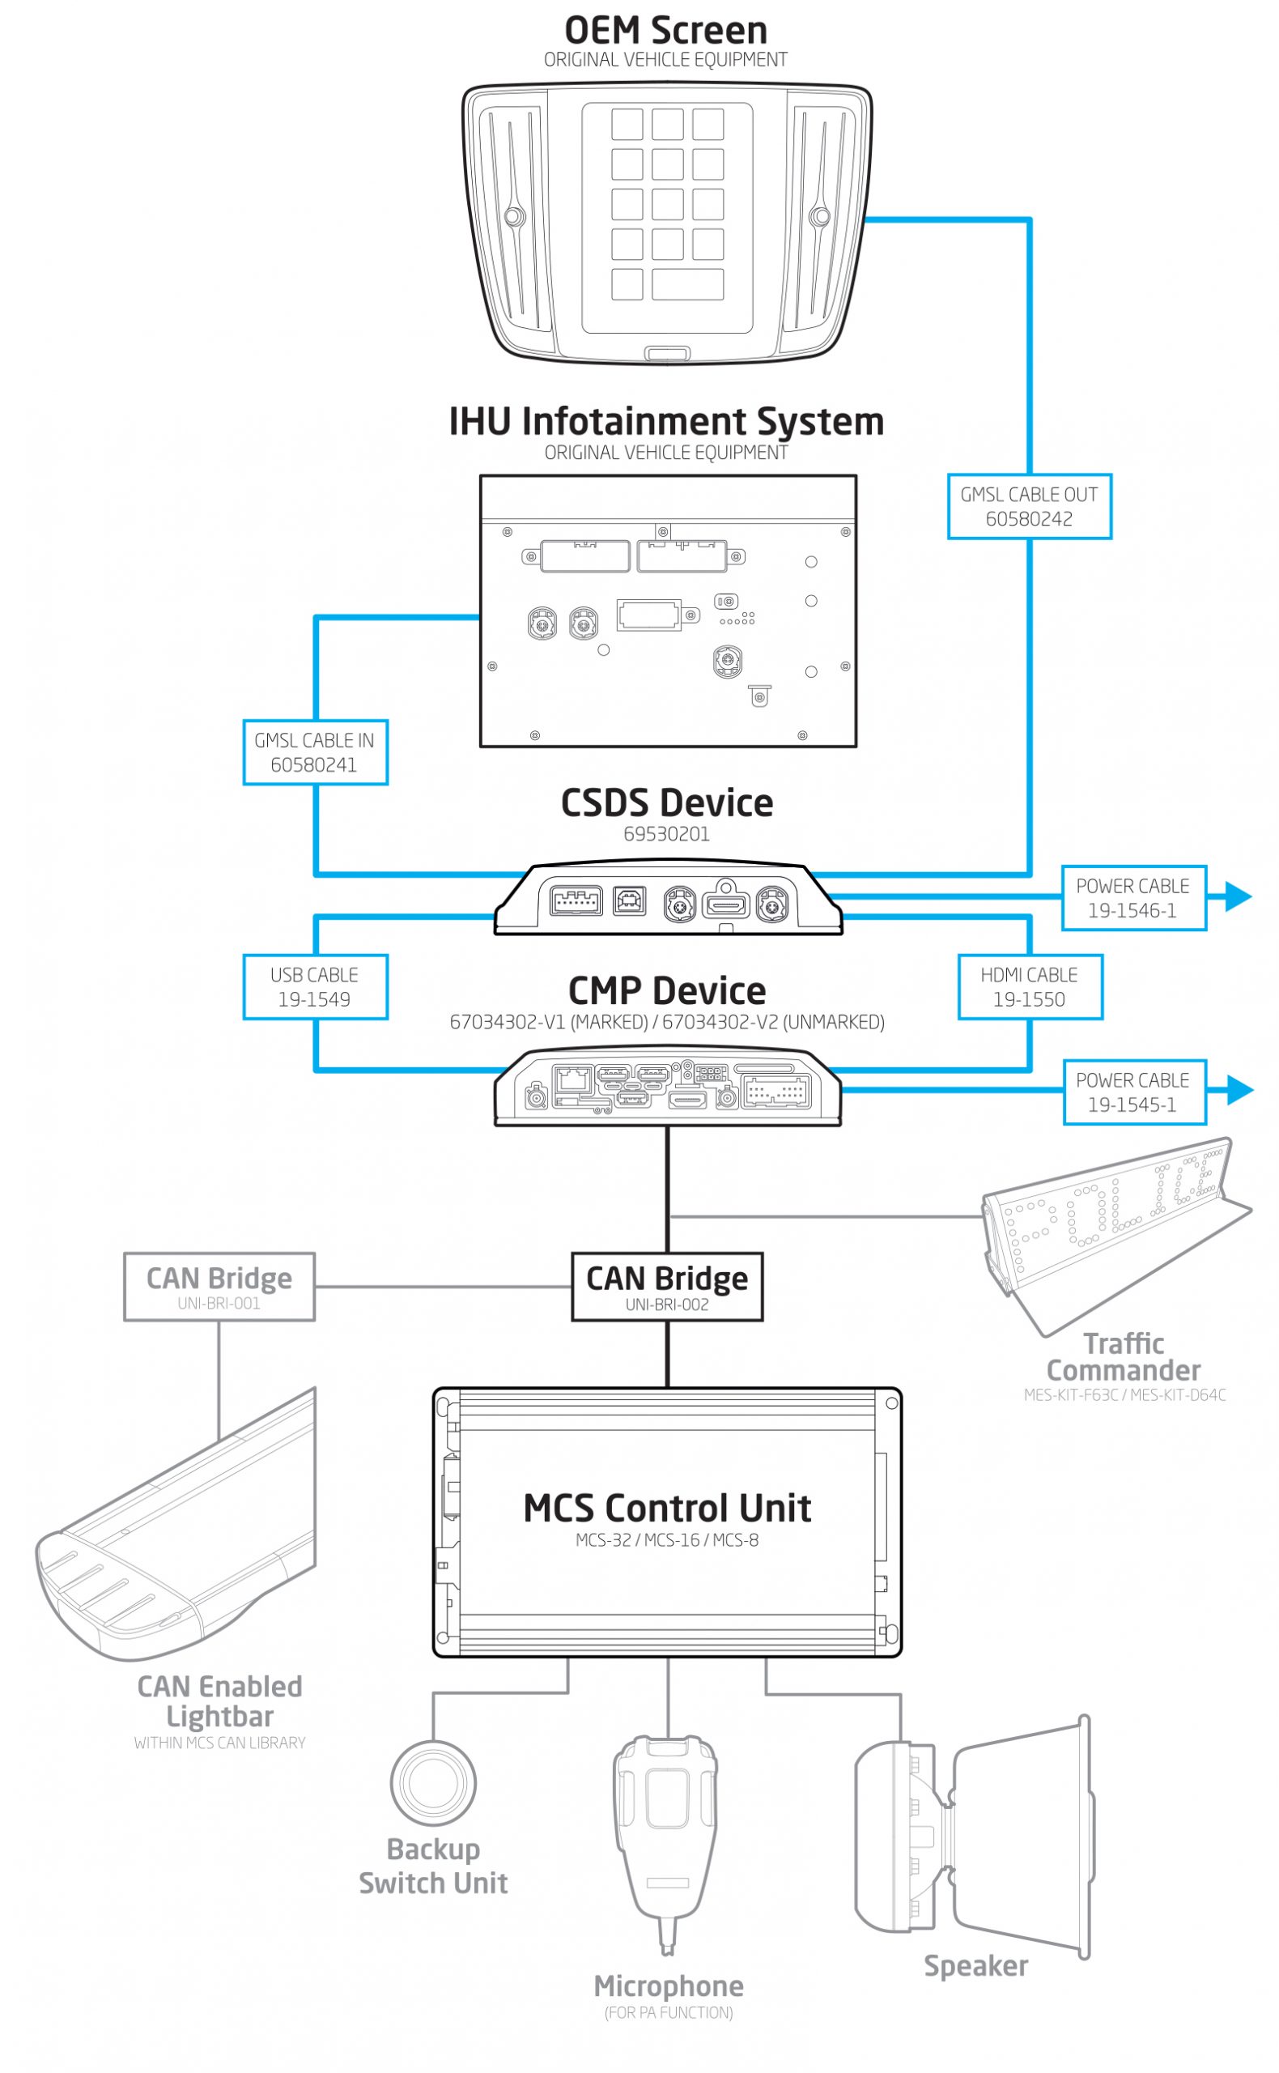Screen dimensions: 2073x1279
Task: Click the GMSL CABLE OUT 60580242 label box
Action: [1029, 506]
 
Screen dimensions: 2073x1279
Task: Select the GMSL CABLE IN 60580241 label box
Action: [315, 752]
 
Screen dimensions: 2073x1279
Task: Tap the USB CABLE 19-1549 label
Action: [315, 986]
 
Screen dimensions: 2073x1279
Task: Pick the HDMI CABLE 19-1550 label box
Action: [1030, 986]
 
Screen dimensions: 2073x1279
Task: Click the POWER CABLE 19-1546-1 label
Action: [1132, 898]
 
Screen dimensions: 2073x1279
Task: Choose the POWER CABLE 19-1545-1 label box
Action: [1132, 1092]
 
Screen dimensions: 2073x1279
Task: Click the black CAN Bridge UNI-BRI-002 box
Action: [666, 1286]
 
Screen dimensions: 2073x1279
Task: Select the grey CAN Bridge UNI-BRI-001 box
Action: [219, 1286]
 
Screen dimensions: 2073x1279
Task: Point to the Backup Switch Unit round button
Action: [433, 1782]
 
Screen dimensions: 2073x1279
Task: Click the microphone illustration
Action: [665, 1836]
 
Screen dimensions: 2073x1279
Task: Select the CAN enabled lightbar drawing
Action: [177, 1531]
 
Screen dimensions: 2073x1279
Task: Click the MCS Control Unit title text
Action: [666, 1509]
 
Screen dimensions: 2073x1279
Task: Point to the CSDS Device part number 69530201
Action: [666, 834]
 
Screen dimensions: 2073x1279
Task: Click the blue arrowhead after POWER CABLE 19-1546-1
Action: [1238, 896]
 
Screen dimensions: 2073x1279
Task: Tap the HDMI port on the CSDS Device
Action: [727, 905]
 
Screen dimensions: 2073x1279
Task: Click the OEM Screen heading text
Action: [665, 31]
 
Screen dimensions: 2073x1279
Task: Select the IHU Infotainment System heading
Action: [665, 421]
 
